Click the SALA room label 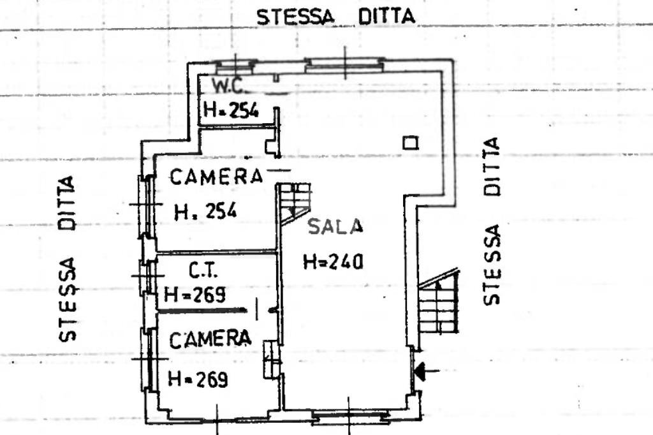pyautogui.click(x=335, y=226)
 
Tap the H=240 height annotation pyautogui.click(x=332, y=261)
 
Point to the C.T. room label pyautogui.click(x=203, y=271)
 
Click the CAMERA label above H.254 pyautogui.click(x=216, y=177)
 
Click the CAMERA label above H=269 pyautogui.click(x=210, y=339)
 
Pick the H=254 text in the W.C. pyautogui.click(x=231, y=110)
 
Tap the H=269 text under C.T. pyautogui.click(x=195, y=294)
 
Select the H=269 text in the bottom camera pyautogui.click(x=198, y=380)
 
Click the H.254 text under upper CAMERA pyautogui.click(x=205, y=211)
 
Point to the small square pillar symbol pyautogui.click(x=411, y=143)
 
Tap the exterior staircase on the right pyautogui.click(x=439, y=304)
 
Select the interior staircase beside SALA pyautogui.click(x=295, y=202)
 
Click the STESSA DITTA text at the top pyautogui.click(x=335, y=16)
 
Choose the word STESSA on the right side pyautogui.click(x=491, y=264)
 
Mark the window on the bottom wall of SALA pyautogui.click(x=350, y=418)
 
